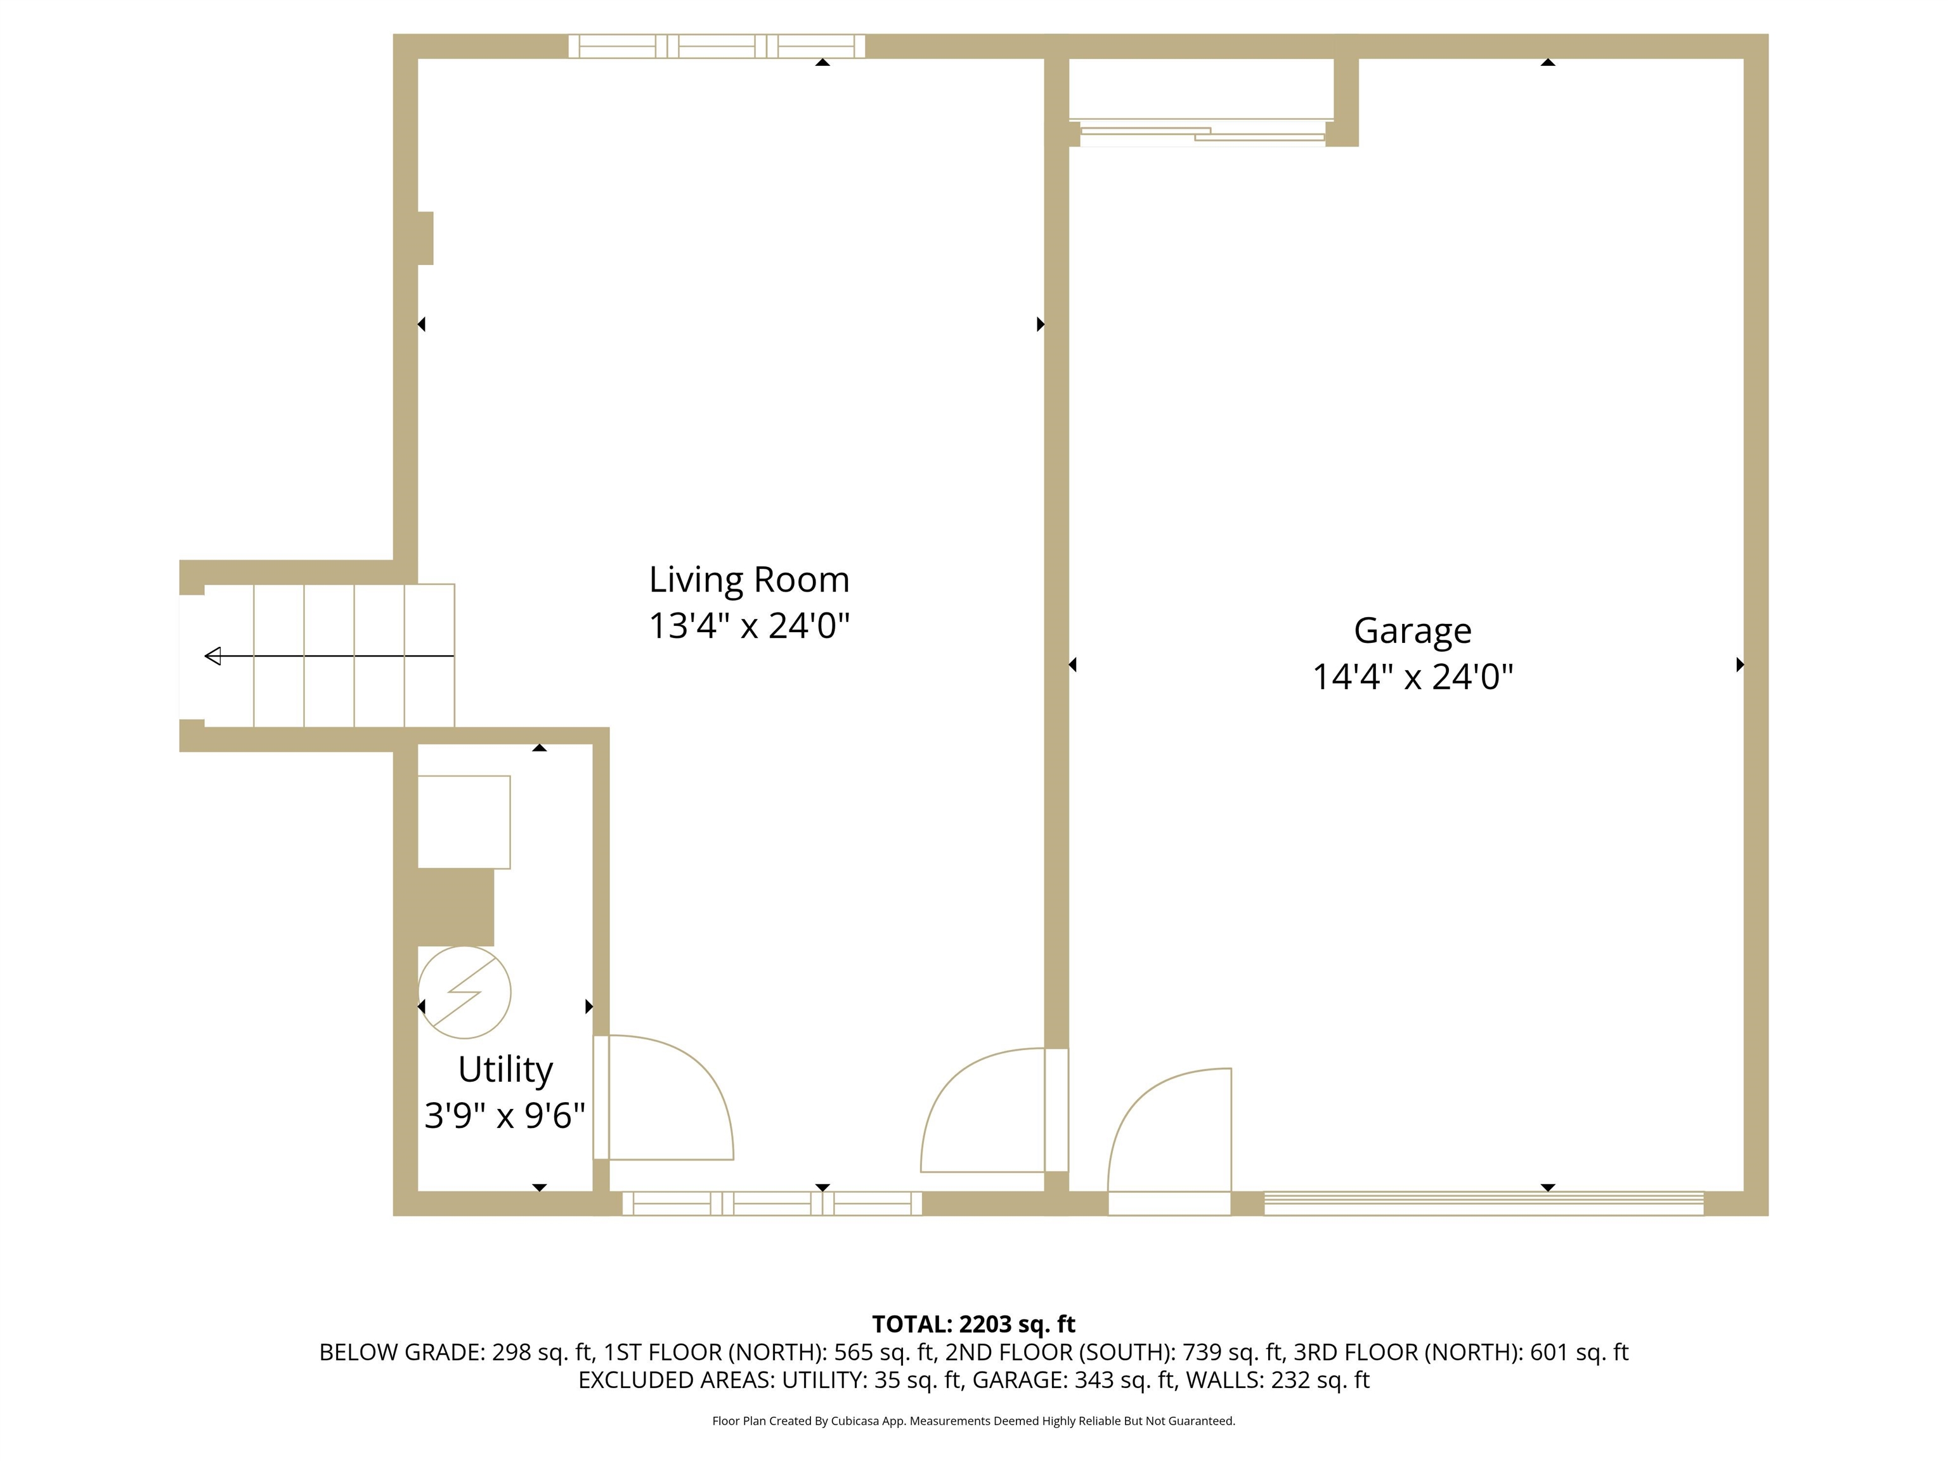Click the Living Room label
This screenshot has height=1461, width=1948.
(748, 580)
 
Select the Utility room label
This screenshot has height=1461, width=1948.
(505, 1070)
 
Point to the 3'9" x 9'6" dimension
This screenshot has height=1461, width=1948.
(505, 1116)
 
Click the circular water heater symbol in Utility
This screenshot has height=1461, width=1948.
(464, 992)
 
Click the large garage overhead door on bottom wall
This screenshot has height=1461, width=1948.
(1483, 1203)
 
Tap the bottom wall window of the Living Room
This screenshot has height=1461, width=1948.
(772, 1203)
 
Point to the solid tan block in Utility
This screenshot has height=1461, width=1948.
(455, 907)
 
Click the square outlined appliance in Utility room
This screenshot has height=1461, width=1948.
(464, 822)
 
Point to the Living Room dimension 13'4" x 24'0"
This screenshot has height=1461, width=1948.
(748, 626)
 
